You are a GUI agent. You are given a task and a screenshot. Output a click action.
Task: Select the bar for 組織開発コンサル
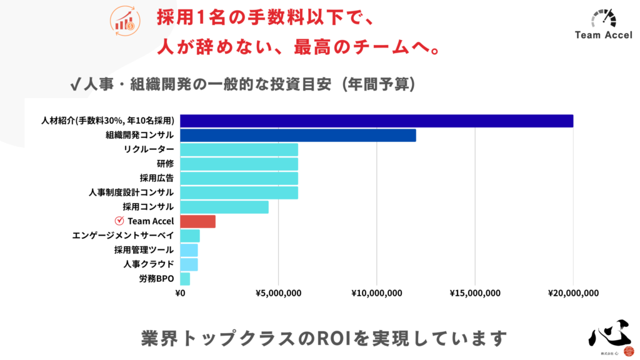point(297,136)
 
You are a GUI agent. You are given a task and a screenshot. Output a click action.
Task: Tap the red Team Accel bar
point(197,221)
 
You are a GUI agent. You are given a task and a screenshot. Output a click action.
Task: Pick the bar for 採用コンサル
point(224,207)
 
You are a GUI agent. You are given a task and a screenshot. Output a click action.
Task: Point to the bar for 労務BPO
point(185,279)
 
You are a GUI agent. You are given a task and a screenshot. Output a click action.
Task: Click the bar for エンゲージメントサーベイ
point(190,236)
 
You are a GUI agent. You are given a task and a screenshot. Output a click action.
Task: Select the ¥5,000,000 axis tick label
point(278,292)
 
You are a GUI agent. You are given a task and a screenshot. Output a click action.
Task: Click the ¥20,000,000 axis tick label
point(573,292)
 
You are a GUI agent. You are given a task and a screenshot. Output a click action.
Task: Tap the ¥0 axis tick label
point(181,292)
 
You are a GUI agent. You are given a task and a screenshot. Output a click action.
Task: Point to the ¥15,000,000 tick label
point(475,292)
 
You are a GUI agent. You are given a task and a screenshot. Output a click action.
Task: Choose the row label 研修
point(165,164)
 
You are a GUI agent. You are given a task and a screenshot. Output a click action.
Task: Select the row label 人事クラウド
point(149,264)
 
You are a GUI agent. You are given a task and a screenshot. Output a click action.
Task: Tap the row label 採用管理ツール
point(144,250)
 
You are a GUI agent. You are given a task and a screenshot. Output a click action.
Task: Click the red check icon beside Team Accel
point(119,221)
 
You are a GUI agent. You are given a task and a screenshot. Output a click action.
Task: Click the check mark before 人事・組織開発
point(76,84)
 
